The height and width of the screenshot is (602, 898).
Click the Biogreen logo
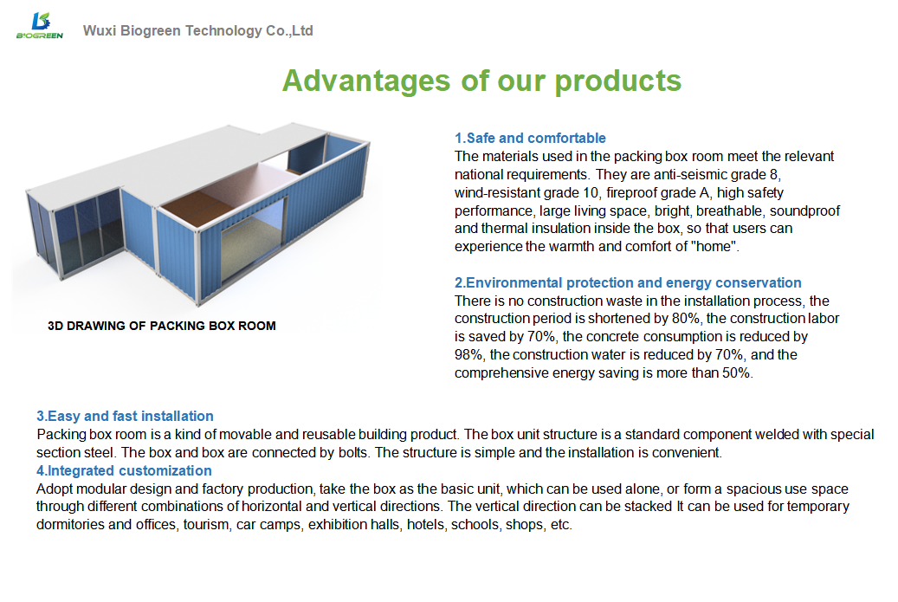(40, 26)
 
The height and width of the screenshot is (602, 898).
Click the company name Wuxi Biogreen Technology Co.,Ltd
(197, 30)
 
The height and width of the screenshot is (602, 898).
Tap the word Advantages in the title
(366, 81)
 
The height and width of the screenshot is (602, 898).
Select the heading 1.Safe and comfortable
(530, 138)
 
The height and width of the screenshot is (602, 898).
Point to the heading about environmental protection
(628, 283)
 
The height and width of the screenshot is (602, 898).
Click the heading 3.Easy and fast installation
(125, 416)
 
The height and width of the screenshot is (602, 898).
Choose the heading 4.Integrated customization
(124, 471)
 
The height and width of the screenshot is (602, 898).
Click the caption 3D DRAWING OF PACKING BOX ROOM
(162, 326)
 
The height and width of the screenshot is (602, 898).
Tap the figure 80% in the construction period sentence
(686, 319)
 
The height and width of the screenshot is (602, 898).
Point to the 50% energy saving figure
(737, 372)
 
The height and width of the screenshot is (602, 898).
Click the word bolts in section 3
(354, 452)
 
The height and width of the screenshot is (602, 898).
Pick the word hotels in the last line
(425, 525)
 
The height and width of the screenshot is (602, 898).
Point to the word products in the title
(618, 81)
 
